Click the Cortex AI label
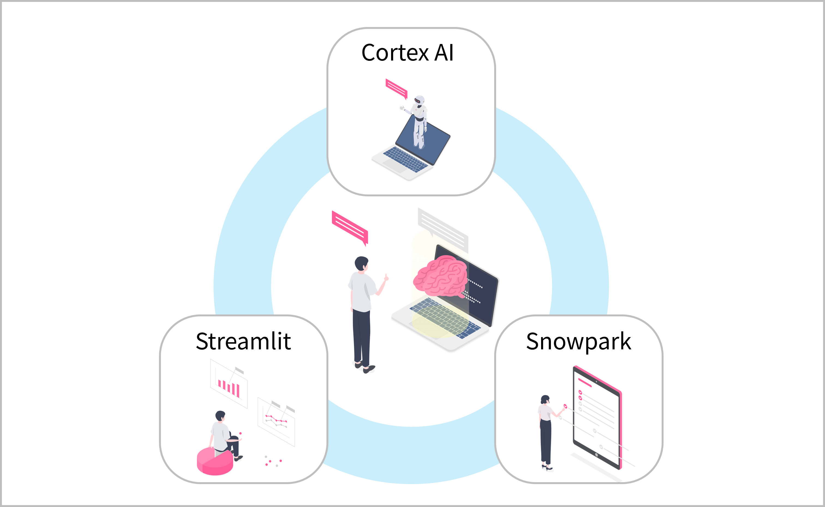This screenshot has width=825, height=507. [x=407, y=53]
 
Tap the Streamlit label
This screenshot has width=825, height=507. [x=243, y=341]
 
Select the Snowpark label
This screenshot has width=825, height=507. [x=578, y=341]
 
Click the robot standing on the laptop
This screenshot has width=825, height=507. [x=419, y=121]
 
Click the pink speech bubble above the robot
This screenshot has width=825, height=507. [x=396, y=88]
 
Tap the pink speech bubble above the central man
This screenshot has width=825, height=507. [x=350, y=227]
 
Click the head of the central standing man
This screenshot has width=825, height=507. [x=361, y=263]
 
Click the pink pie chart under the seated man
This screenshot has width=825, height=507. [x=215, y=462]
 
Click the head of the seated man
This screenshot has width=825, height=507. [x=220, y=416]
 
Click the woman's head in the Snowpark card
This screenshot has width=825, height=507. [x=545, y=400]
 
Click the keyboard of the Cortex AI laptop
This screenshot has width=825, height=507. [x=406, y=159]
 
